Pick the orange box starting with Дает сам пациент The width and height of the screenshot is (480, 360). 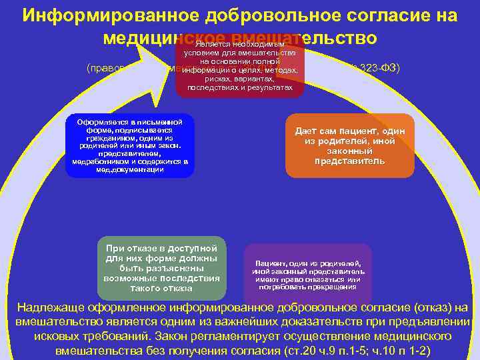[x=349, y=145]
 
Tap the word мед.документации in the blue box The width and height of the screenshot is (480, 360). [x=130, y=169]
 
